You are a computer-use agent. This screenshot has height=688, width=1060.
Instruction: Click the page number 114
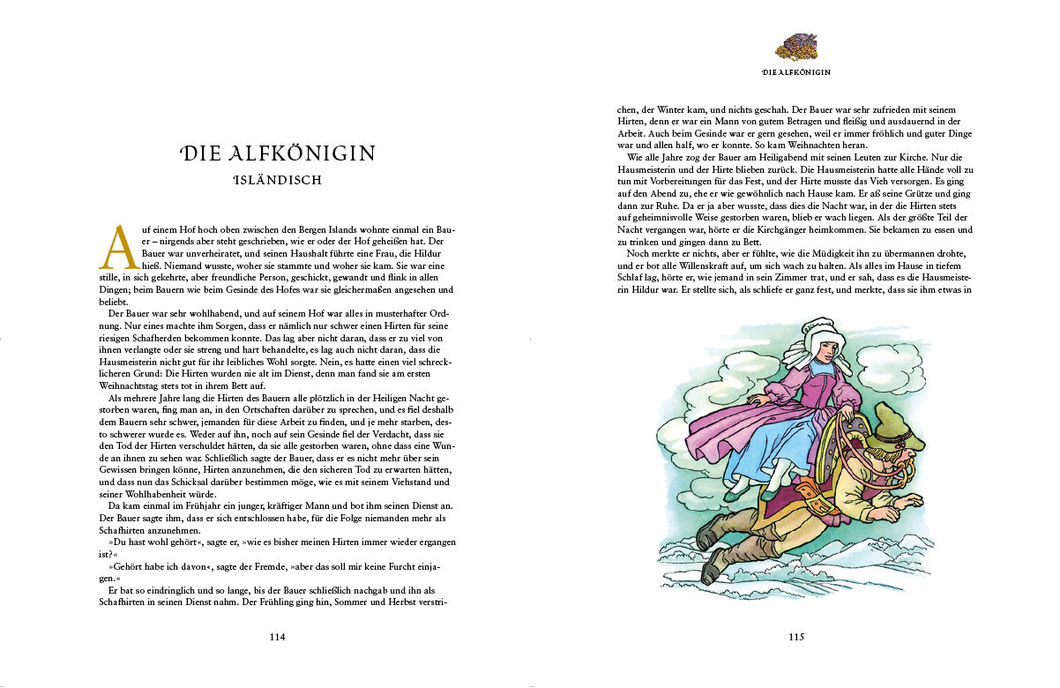[278, 637]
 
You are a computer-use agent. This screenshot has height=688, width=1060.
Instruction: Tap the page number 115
[796, 637]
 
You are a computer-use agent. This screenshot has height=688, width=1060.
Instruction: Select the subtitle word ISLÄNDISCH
[278, 181]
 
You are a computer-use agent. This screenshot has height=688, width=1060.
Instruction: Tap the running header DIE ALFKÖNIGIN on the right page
[795, 71]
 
